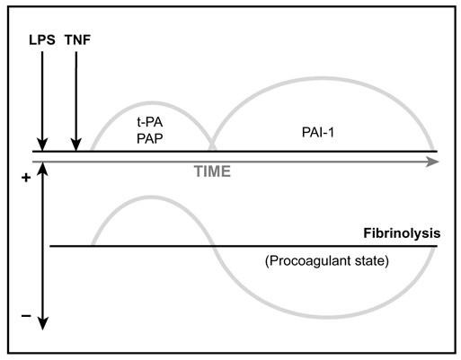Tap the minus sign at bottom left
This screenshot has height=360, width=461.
click(24, 316)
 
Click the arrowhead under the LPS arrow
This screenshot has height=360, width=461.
click(40, 146)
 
